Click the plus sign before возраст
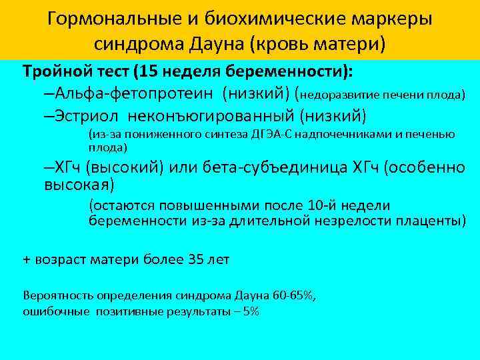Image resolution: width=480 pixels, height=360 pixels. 27,259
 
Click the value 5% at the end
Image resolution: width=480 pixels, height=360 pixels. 251,311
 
